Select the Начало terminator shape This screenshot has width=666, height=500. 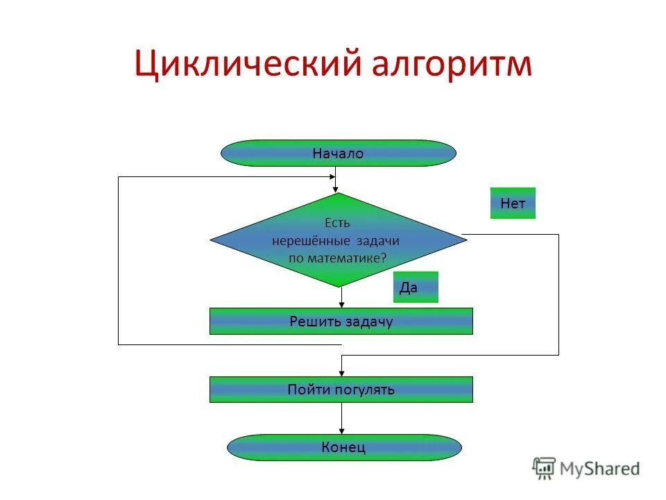point(338,153)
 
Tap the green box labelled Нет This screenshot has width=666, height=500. point(513,203)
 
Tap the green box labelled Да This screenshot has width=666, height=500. point(416,287)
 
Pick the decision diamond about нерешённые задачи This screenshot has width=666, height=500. point(338,240)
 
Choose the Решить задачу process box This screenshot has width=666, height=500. point(341,322)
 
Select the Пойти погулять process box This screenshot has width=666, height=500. point(341,390)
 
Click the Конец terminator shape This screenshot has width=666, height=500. point(343,447)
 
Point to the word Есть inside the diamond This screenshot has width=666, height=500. point(338,223)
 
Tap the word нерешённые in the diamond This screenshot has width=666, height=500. point(312,240)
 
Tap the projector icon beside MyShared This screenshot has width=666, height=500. point(545,467)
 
